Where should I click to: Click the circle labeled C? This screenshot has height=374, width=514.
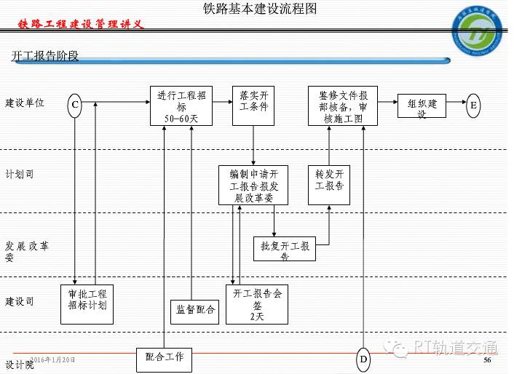pos(74,106)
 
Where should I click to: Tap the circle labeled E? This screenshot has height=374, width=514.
pos(474,105)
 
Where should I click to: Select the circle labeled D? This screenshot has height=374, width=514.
pos(363,359)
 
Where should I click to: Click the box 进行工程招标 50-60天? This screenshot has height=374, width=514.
pos(181,106)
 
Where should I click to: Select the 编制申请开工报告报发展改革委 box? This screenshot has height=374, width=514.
pos(253,185)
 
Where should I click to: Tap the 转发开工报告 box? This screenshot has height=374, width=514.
pos(329,185)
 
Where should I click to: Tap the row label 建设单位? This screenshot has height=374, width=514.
pos(25,103)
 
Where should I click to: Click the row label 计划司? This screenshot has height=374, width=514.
pos(20,175)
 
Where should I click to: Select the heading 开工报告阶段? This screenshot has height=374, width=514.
pos(45,56)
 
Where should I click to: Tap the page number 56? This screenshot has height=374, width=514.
pos(488,360)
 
